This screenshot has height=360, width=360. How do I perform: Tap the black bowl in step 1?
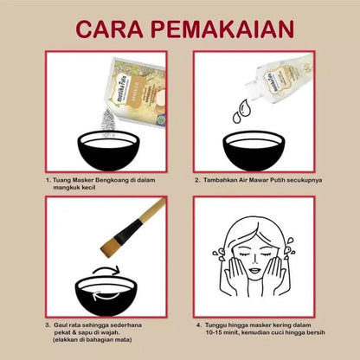109,151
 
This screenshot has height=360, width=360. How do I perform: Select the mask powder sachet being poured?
138,92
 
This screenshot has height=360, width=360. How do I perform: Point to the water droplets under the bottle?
241,111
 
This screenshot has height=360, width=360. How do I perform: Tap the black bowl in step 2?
254,151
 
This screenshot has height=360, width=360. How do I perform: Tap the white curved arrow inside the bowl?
106,295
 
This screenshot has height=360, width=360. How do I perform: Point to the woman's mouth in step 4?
254,271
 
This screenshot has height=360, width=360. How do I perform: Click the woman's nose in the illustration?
255,260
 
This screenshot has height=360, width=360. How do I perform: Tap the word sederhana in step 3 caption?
126,325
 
